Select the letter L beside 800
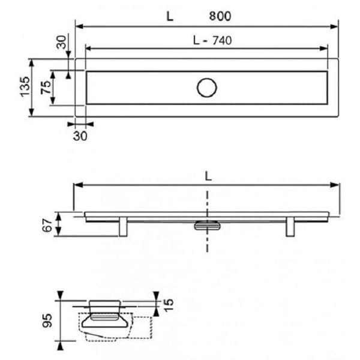coord(170,16)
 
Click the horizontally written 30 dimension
coord(80,136)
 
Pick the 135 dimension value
coord(24,88)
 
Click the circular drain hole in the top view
coord(207,88)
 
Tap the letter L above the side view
coord(208,176)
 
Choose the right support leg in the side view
coord(290,227)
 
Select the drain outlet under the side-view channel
coord(208,225)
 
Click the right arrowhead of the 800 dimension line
coord(336,26)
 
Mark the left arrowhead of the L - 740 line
coord(88,48)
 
